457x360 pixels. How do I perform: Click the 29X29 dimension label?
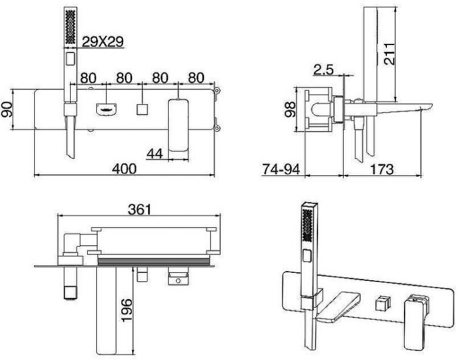103,41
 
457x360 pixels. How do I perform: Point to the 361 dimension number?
140,209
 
